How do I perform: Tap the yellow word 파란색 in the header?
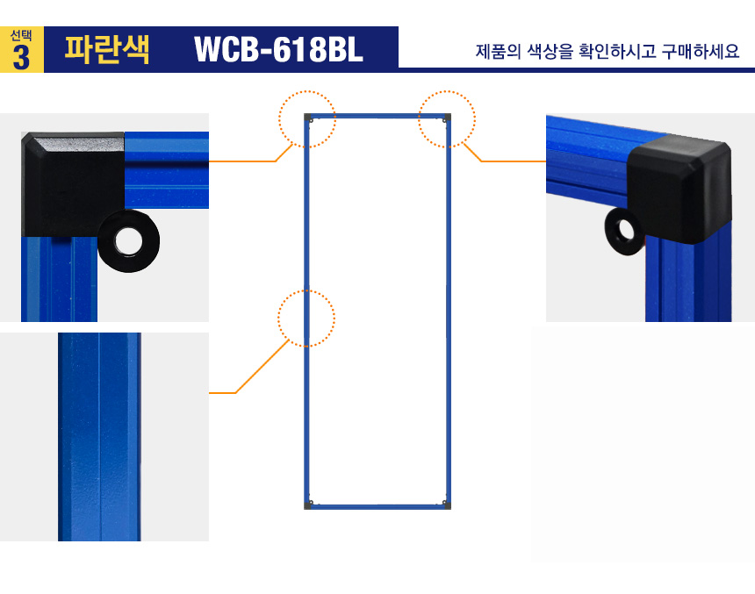107,49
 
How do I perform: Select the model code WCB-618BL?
278,49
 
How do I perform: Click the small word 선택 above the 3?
21,36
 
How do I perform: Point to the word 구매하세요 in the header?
700,51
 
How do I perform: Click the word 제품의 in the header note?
499,51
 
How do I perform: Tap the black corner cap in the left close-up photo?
72,184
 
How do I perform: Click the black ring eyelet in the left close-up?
128,240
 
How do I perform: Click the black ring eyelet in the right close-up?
622,231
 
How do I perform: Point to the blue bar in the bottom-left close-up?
99,437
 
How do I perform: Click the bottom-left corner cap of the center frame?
307,505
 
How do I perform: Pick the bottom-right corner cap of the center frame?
448,505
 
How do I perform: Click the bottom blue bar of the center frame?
377,507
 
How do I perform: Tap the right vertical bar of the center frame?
449,311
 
